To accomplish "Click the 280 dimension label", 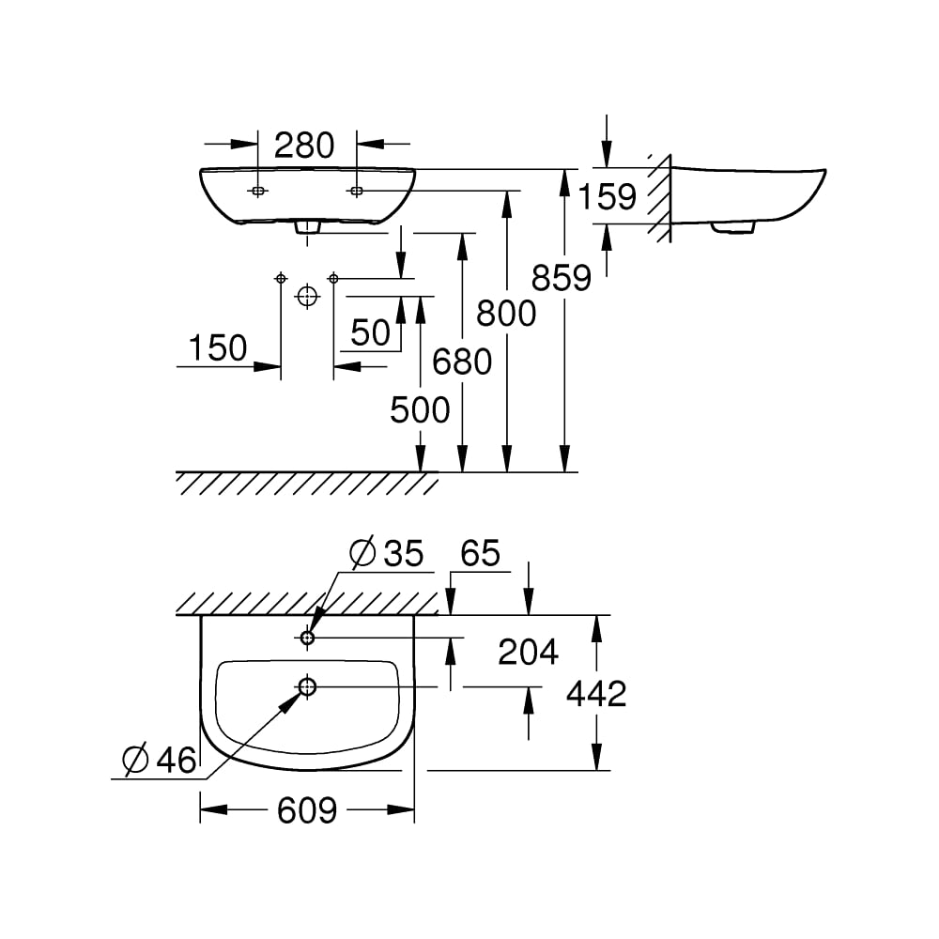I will [x=303, y=146].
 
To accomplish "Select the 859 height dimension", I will [x=562, y=278].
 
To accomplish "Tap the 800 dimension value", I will [x=506, y=313].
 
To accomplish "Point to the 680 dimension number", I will [x=462, y=361].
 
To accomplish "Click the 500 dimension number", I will [x=420, y=410].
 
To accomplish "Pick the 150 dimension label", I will [x=218, y=348].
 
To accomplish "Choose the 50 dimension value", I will [x=370, y=332].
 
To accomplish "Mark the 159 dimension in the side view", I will [x=607, y=197].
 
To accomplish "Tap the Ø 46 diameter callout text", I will [x=160, y=760].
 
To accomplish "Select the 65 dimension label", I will [x=480, y=553].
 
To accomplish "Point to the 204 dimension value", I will [x=528, y=652].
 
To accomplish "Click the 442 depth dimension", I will [x=596, y=694].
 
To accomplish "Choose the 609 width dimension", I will [x=307, y=809].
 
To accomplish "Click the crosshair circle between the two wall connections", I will [x=307, y=297].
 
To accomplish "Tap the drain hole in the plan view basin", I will [x=307, y=687].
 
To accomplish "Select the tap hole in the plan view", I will [x=307, y=639].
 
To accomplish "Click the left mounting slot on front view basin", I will [x=257, y=192].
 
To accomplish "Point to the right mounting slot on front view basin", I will [x=356, y=192].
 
